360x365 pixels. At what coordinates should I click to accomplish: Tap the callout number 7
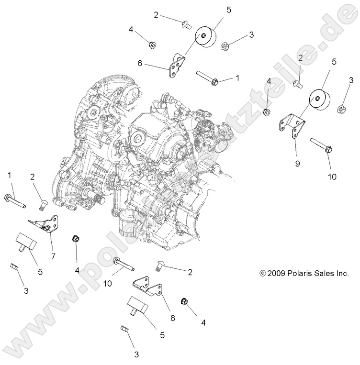coord(53,256)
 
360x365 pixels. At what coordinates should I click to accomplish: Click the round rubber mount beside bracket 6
coord(205,38)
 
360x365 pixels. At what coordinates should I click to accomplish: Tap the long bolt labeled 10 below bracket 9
coord(321,145)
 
